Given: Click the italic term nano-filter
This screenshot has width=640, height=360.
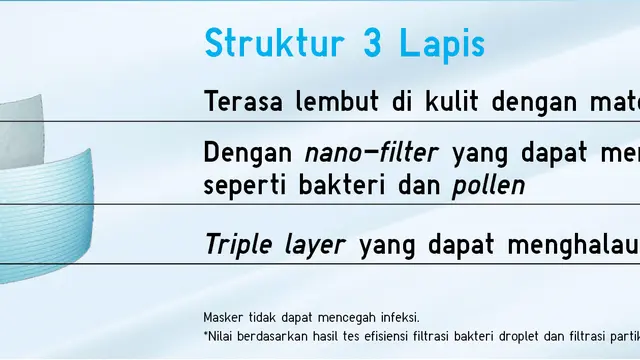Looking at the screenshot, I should tap(371, 154).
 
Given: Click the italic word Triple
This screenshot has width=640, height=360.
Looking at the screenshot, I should tap(236, 244).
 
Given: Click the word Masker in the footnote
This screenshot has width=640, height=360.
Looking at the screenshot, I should tap(222, 317).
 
